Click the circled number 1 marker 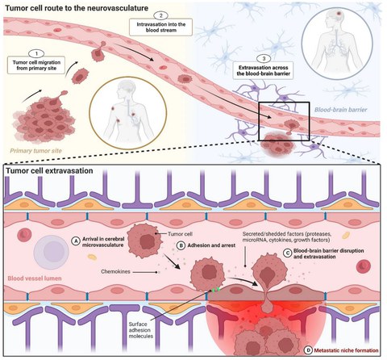[36, 53]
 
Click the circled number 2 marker [160, 15]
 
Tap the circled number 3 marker [264, 59]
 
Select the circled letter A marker [76, 241]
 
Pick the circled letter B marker [181, 245]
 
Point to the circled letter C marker [288, 253]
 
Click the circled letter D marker [308, 350]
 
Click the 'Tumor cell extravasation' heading [49, 171]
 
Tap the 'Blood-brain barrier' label [340, 110]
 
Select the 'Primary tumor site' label [36, 151]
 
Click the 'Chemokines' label [115, 271]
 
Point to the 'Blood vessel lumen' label [35, 278]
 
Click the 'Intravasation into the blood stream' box [160, 27]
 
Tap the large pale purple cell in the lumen [51, 252]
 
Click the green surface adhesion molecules [214, 290]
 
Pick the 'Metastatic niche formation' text [346, 350]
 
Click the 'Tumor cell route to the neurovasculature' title [77, 8]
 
